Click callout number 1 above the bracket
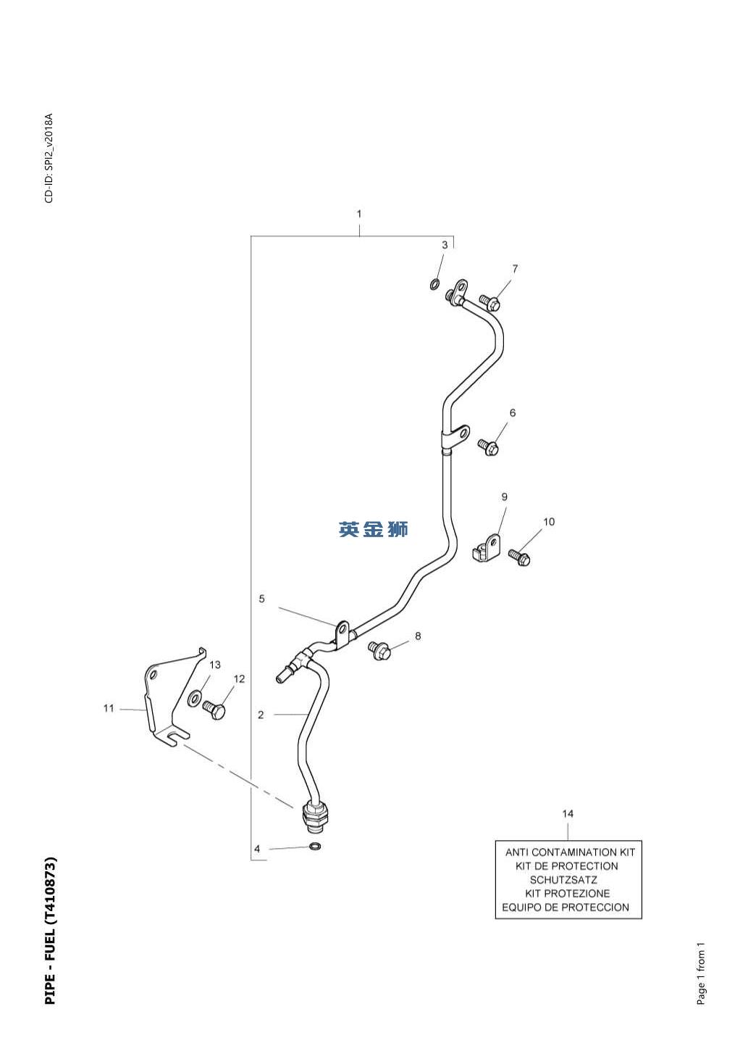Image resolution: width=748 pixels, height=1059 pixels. (x=359, y=214)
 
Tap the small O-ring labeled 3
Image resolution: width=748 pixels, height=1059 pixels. (x=434, y=285)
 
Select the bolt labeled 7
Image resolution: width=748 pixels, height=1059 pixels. (x=489, y=302)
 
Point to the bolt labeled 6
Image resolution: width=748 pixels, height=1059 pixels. (x=488, y=447)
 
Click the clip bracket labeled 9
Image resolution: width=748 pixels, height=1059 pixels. (x=487, y=547)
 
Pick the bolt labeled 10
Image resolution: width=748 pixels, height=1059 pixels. (x=519, y=557)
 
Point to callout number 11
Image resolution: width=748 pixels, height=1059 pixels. (x=109, y=708)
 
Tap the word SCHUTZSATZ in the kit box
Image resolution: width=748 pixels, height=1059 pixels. (x=563, y=880)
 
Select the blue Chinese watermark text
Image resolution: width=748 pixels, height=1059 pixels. (x=373, y=529)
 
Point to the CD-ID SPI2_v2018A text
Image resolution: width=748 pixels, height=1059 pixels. (x=49, y=158)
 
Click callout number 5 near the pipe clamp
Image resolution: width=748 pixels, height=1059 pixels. (x=261, y=599)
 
